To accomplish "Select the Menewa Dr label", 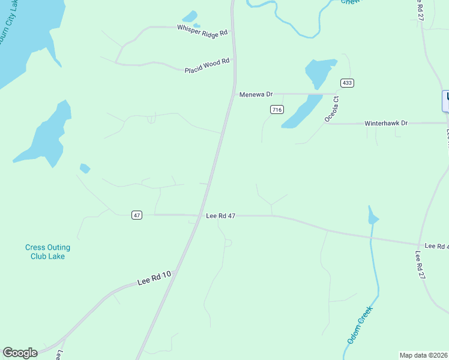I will click(256, 94).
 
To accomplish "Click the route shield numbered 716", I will click(277, 109).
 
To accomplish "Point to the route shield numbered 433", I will click(346, 82).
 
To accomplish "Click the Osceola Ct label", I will click(332, 109).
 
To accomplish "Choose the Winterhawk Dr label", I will click(386, 123).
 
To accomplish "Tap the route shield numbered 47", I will click(137, 215).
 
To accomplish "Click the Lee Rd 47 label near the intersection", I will click(220, 215).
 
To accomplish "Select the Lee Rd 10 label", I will click(154, 278).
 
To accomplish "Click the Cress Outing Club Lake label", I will click(47, 251).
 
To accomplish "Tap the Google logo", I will click(20, 353).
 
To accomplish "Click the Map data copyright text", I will click(423, 355).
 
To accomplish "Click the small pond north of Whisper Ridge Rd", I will click(190, 17).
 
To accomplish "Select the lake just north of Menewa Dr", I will click(319, 71).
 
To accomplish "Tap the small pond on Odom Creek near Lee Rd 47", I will click(372, 217).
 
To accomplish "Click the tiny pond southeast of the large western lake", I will click(85, 169).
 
